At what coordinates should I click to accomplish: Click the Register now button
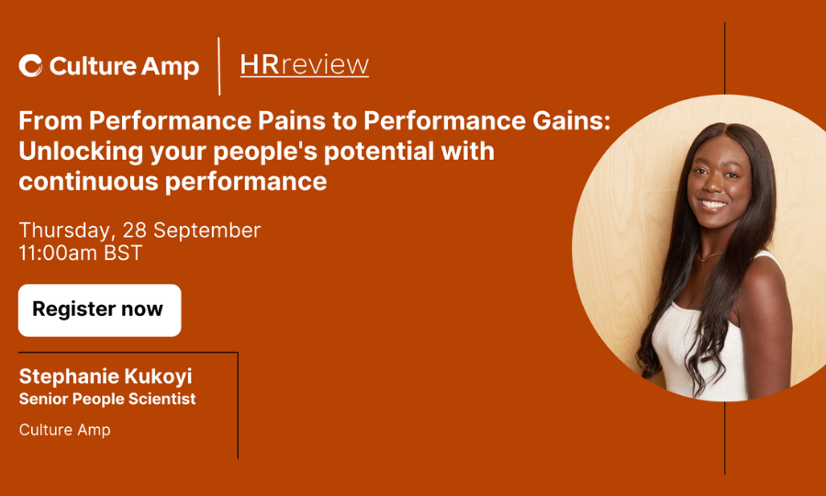click(x=99, y=310)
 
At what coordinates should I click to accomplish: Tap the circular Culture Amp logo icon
click(x=30, y=66)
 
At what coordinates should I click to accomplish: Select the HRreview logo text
click(x=305, y=65)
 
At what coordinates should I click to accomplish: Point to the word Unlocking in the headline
click(x=81, y=152)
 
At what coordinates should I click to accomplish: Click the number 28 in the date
click(x=134, y=231)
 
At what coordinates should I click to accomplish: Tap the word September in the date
click(x=207, y=231)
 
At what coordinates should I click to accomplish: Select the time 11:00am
click(x=58, y=253)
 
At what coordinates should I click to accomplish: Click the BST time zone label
click(x=123, y=253)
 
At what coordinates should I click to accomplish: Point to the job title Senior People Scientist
click(x=107, y=399)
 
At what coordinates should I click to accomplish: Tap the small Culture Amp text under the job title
click(x=65, y=430)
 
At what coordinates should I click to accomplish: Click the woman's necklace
click(x=709, y=257)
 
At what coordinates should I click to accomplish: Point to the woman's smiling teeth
click(x=713, y=204)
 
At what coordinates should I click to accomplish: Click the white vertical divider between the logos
click(x=219, y=66)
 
